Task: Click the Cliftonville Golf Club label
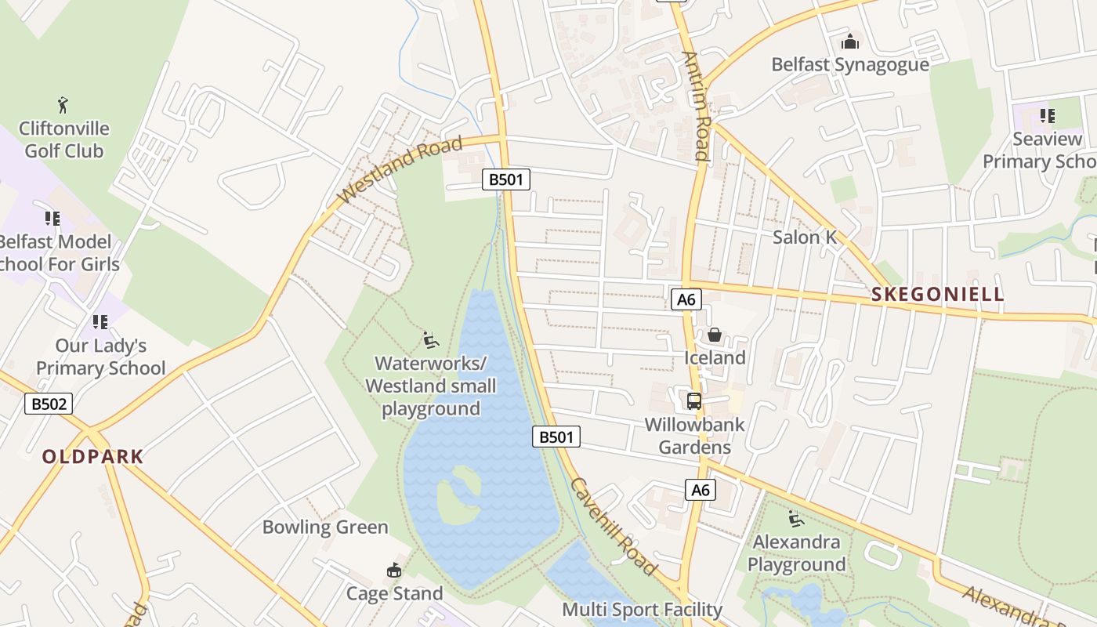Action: tap(63, 140)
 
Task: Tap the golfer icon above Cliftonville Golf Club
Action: tap(63, 104)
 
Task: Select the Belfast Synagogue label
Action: tap(850, 64)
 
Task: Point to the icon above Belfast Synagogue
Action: tap(850, 41)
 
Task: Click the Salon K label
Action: tap(805, 237)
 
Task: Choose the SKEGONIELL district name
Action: tap(937, 295)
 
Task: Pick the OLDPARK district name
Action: tap(92, 457)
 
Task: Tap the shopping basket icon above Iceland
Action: tap(715, 335)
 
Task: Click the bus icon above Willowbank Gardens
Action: tap(694, 401)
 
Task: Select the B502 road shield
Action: tap(49, 404)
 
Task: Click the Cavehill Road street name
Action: tap(613, 526)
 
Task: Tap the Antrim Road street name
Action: tap(696, 106)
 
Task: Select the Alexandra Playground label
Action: tap(796, 553)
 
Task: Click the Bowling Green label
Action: tap(325, 527)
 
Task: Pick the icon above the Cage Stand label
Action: tap(394, 570)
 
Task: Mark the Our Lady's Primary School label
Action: tap(100, 357)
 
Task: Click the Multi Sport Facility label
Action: tap(642, 609)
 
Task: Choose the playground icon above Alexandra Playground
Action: tap(796, 518)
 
